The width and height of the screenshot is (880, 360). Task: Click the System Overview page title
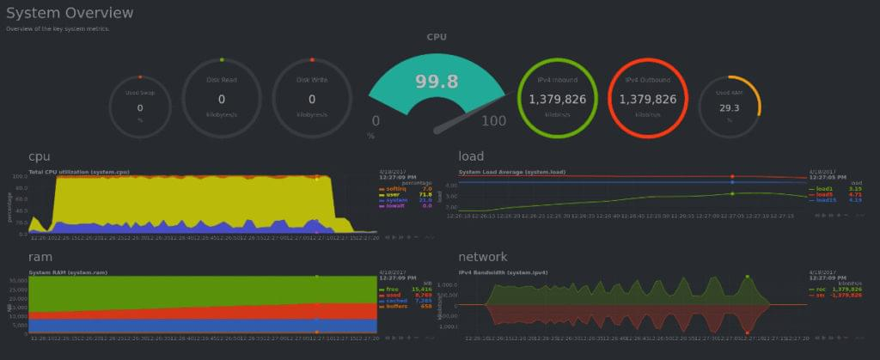(70, 13)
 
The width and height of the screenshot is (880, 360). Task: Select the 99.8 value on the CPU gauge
(437, 82)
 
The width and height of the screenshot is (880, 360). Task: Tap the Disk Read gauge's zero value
(222, 100)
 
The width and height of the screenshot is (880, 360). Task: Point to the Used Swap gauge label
(140, 93)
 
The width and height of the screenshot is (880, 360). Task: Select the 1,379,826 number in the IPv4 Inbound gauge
(557, 100)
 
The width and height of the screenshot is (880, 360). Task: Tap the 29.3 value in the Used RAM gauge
(730, 108)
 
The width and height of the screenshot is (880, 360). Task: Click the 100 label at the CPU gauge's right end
(493, 121)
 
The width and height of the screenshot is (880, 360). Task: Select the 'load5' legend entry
(823, 195)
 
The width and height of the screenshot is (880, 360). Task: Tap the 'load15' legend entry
(824, 200)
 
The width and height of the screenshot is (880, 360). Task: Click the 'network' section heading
(484, 256)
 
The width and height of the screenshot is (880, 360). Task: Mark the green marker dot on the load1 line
(732, 193)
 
